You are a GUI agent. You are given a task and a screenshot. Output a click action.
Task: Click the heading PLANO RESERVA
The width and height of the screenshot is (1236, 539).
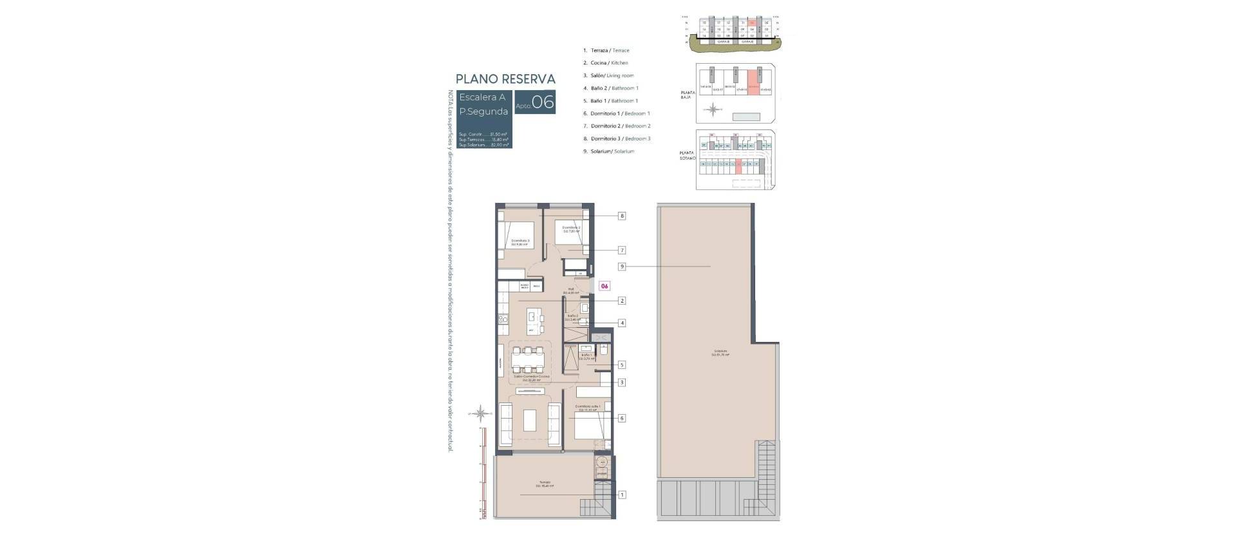(x=505, y=79)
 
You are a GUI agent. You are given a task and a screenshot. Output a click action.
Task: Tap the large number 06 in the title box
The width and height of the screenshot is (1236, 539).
(x=543, y=102)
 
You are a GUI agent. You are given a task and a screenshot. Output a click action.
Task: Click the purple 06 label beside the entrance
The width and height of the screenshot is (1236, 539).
(x=604, y=286)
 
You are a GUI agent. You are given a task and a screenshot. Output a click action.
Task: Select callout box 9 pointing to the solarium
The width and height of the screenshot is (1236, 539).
(x=622, y=267)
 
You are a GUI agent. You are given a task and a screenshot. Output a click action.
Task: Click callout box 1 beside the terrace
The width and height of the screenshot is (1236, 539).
(x=622, y=495)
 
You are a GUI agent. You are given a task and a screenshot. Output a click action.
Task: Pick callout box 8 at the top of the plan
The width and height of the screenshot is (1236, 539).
(x=622, y=216)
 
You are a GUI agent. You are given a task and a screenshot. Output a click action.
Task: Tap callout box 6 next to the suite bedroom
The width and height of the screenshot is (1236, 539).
(x=622, y=419)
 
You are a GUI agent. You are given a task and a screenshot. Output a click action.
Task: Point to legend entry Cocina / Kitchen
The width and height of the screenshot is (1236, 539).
(x=609, y=63)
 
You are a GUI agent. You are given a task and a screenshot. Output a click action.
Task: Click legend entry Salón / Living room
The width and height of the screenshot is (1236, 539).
(x=612, y=75)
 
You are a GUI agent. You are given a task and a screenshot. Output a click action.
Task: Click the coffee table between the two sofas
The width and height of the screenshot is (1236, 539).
(x=530, y=421)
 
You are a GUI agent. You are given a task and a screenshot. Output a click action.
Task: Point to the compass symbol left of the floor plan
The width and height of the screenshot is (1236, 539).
(x=481, y=413)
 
